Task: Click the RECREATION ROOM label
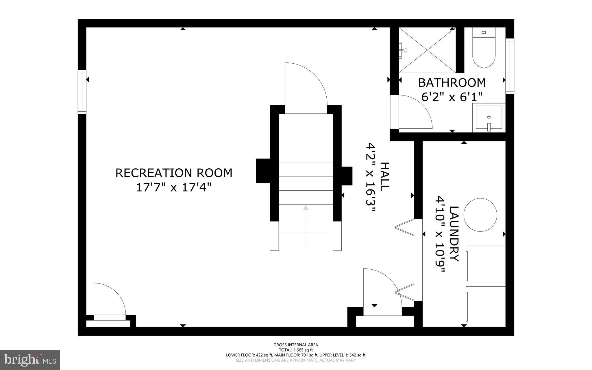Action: [174, 173]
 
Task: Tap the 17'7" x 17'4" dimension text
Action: [174, 187]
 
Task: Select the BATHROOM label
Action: [452, 83]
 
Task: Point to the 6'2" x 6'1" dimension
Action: [452, 97]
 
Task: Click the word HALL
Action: [385, 176]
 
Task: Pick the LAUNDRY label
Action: [454, 234]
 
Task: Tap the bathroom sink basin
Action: [489, 118]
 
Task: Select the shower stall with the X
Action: [427, 50]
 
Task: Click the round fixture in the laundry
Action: [480, 215]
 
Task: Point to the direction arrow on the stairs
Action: [306, 208]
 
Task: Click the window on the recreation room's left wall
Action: [82, 92]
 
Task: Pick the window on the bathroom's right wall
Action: [510, 66]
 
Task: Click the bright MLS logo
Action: [30, 360]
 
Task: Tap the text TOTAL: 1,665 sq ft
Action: [296, 350]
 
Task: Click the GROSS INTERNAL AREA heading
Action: [296, 345]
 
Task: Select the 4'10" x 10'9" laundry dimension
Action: [440, 234]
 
